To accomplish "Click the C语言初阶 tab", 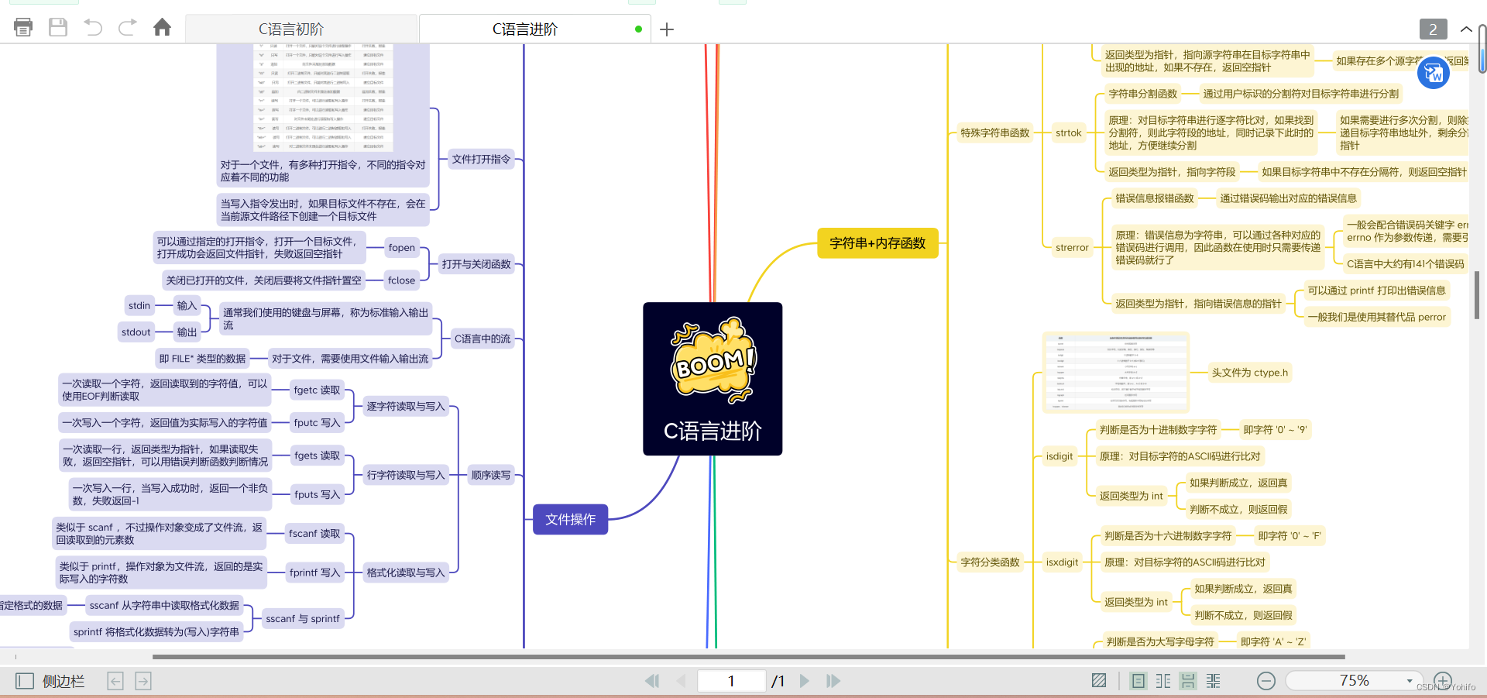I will [x=291, y=29].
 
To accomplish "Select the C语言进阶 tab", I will [x=525, y=29].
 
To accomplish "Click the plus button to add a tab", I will [x=667, y=29].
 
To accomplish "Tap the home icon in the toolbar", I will [x=162, y=28].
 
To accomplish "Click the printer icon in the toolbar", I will [x=23, y=28].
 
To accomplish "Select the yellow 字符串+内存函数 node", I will [x=877, y=243].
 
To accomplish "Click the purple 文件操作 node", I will [x=570, y=519].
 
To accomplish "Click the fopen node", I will [x=402, y=248].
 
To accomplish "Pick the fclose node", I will [x=402, y=280].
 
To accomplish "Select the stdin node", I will [x=139, y=306].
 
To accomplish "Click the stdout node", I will [x=136, y=332].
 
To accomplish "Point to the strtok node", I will [x=1068, y=133].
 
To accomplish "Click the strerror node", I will [x=1072, y=248].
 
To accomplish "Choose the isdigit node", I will [x=1059, y=456].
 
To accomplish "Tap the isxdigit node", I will [x=1062, y=562].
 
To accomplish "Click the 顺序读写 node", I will [x=491, y=475].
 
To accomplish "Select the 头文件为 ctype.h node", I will [x=1249, y=373].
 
